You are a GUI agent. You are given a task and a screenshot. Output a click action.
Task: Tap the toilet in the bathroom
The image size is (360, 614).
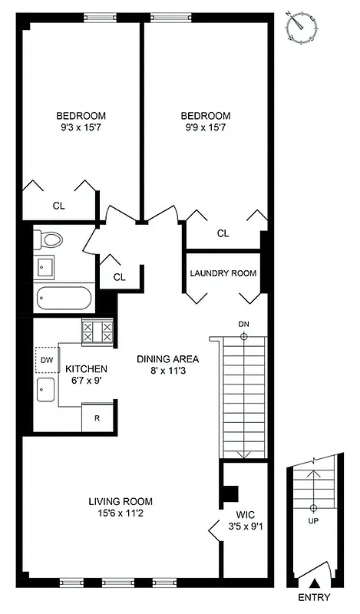[x=50, y=239]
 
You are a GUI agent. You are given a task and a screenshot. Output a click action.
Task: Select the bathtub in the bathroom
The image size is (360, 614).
[x=64, y=298]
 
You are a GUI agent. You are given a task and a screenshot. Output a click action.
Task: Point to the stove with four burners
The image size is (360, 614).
[x=98, y=332]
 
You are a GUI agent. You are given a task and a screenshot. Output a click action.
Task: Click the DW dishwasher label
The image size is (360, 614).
[x=47, y=360]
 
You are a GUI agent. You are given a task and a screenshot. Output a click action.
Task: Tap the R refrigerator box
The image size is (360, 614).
[x=97, y=419]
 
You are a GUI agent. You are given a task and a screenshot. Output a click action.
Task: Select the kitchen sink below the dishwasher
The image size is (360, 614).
[x=45, y=389]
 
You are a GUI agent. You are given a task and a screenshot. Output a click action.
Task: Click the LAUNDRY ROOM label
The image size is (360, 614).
[x=223, y=273]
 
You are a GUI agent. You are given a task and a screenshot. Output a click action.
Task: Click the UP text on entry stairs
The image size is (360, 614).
[x=313, y=521]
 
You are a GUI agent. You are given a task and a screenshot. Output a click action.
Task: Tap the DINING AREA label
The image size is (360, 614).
[x=168, y=358]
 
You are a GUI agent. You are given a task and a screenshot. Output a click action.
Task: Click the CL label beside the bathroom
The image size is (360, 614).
[x=119, y=276]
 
